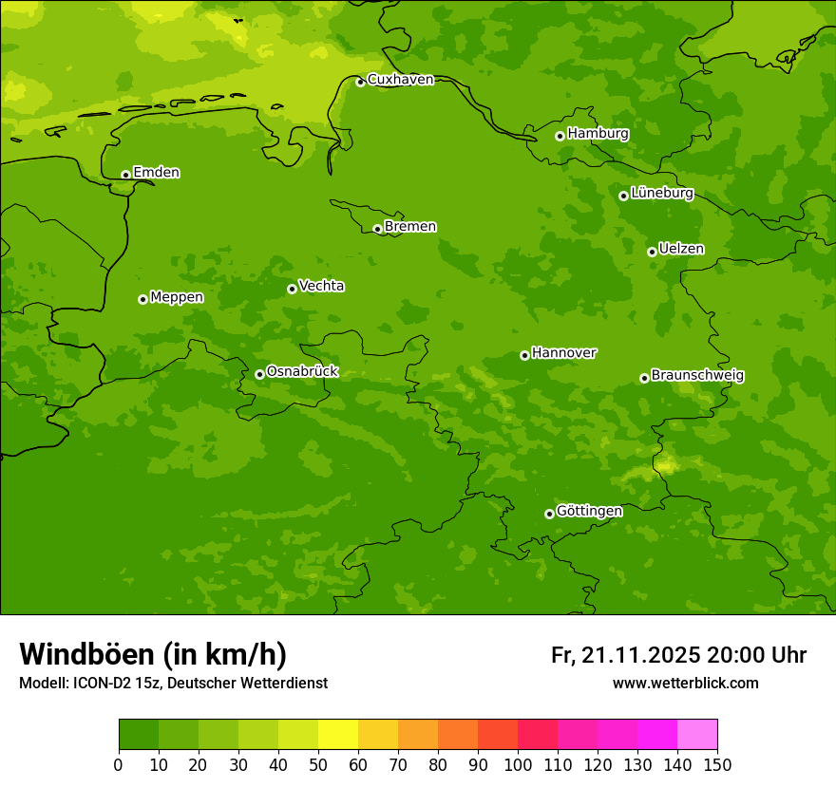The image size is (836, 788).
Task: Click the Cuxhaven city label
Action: pos(400,80)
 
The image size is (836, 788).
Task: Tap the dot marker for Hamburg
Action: pos(560,136)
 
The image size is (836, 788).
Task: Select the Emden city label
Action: pos(156,173)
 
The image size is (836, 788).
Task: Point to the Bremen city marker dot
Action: pos(377,229)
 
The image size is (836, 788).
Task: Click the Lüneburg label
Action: pos(661,193)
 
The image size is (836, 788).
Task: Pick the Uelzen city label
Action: pos(681,249)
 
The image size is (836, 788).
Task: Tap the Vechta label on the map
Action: pos(321,286)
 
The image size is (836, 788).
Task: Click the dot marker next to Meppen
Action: pos(142,299)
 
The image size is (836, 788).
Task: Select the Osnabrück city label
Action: pos(302,371)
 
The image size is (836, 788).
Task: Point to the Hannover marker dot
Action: pos(524,355)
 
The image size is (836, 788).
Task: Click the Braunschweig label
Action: pos(697,375)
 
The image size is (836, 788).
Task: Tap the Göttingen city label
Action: pos(589,511)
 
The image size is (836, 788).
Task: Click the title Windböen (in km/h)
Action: pos(153,654)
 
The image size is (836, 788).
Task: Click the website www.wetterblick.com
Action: pos(685,683)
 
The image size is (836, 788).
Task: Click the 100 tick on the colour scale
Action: pos(518,764)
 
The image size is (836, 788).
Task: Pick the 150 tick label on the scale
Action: pos(717,764)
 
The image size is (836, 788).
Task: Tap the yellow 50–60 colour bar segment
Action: pos(338,735)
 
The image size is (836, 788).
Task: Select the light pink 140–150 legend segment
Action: pos(697,735)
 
